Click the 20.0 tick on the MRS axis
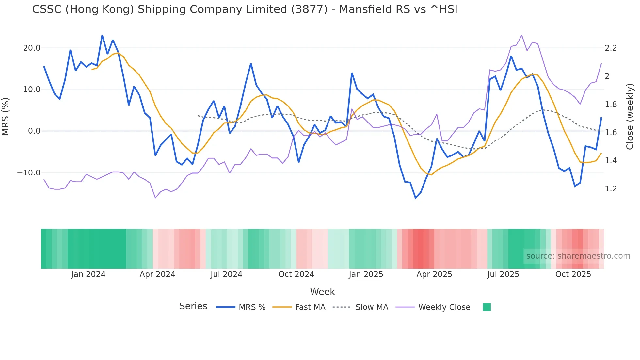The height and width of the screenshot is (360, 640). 31,48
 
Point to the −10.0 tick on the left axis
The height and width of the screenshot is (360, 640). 29,173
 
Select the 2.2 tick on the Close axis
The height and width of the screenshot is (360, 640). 611,48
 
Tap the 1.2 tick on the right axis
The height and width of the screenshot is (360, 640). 611,189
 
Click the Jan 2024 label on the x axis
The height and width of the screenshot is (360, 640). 88,274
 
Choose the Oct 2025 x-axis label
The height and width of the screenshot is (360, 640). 573,274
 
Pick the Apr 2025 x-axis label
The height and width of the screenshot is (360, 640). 434,274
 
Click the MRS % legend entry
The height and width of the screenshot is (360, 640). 252,307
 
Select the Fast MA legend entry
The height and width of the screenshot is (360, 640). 310,307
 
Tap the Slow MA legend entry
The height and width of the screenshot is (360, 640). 372,307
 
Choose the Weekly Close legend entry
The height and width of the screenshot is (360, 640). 444,307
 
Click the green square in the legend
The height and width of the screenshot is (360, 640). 487,307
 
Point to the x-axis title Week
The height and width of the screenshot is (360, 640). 322,292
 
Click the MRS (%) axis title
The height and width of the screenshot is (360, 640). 6,117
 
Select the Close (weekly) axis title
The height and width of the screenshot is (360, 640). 630,117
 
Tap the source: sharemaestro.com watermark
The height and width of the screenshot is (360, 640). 578,256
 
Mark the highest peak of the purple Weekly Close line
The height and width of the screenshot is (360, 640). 521,35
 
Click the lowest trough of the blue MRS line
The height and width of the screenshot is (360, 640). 416,198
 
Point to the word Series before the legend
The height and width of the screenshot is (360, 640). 193,306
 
